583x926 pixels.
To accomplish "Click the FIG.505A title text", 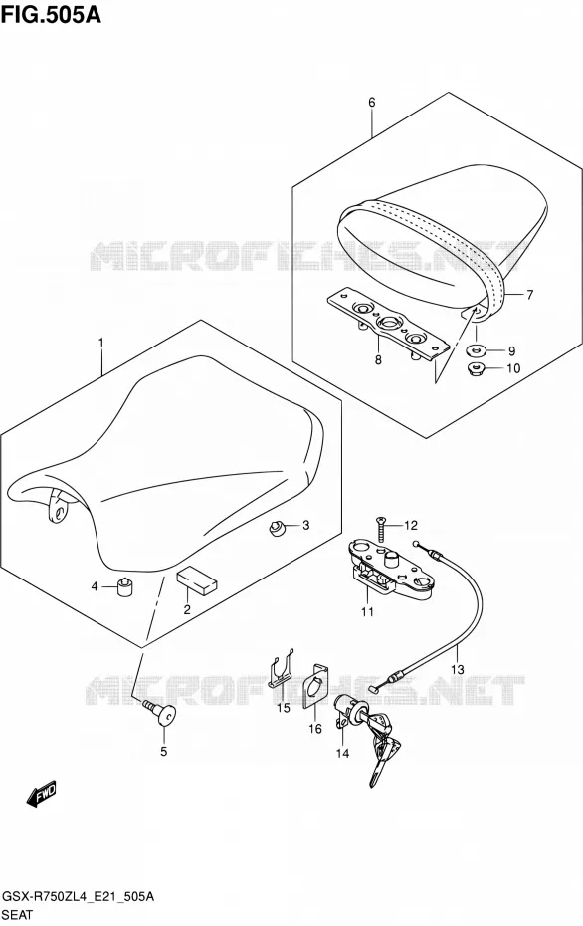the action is tap(51, 14).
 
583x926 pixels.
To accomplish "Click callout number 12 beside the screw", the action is tap(410, 525).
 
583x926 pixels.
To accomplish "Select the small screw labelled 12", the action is tap(381, 529).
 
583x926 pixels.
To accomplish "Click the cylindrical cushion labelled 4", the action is tap(124, 587).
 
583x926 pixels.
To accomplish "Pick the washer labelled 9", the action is tap(476, 350).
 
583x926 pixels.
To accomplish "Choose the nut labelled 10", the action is tap(476, 369).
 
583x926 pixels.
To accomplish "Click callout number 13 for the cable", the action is tap(458, 670).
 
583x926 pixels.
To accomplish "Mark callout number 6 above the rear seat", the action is tap(372, 103).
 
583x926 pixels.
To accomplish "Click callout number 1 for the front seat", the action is tap(101, 343).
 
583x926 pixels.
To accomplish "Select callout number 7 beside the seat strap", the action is tap(530, 294).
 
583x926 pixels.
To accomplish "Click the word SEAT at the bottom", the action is tap(19, 915).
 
